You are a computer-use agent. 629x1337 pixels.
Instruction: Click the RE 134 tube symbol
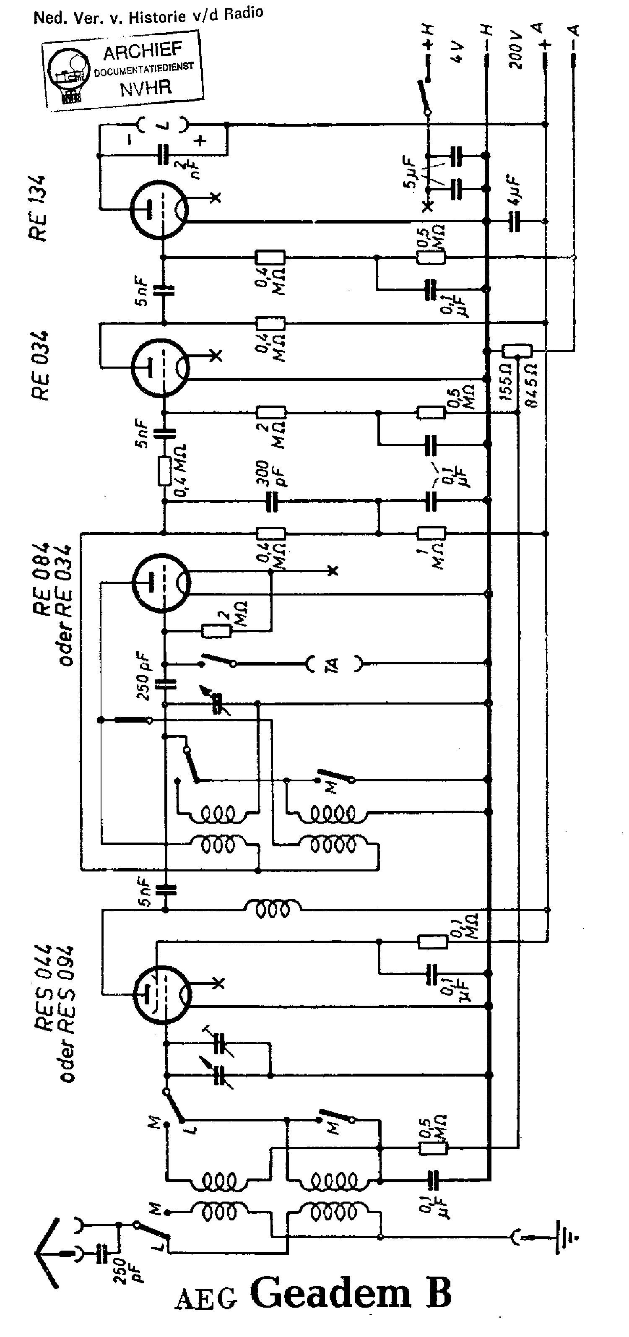(x=159, y=210)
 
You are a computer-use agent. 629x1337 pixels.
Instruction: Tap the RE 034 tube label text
(x=41, y=365)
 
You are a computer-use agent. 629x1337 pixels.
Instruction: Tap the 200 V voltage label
(x=515, y=50)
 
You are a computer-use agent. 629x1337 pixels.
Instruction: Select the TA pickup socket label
(x=333, y=664)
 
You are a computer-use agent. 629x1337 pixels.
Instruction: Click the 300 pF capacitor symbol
(x=271, y=502)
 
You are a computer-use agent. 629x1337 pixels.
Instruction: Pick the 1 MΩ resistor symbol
(x=431, y=533)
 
